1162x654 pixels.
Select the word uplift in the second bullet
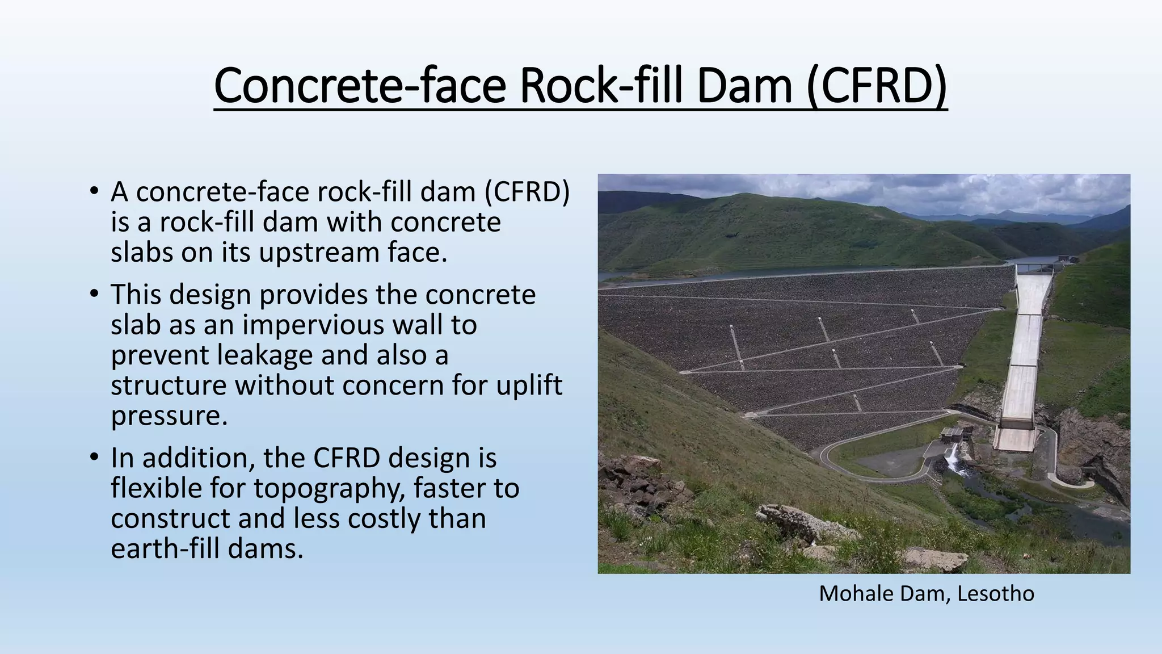[x=529, y=385]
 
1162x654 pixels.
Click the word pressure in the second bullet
[x=169, y=417]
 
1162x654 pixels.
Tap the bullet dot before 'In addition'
[x=94, y=458]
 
